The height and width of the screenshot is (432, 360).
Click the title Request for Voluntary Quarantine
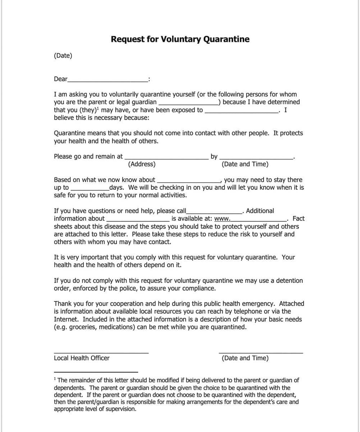pos(180,39)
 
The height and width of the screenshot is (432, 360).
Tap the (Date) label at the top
pos(63,56)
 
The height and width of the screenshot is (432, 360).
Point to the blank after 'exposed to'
pos(241,112)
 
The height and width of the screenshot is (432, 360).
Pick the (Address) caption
pos(142,165)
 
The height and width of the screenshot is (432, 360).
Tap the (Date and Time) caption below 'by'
pos(245,165)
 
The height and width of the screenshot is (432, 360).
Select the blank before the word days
pos(90,189)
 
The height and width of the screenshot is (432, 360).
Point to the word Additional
pos(260,211)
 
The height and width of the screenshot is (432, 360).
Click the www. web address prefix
pos(222,219)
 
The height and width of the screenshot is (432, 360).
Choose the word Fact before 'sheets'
pos(299,219)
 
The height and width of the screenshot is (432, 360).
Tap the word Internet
pos(67,319)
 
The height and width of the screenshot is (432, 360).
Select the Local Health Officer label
pos(82,358)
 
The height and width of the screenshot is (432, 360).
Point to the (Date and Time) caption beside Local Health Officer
pos(245,358)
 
